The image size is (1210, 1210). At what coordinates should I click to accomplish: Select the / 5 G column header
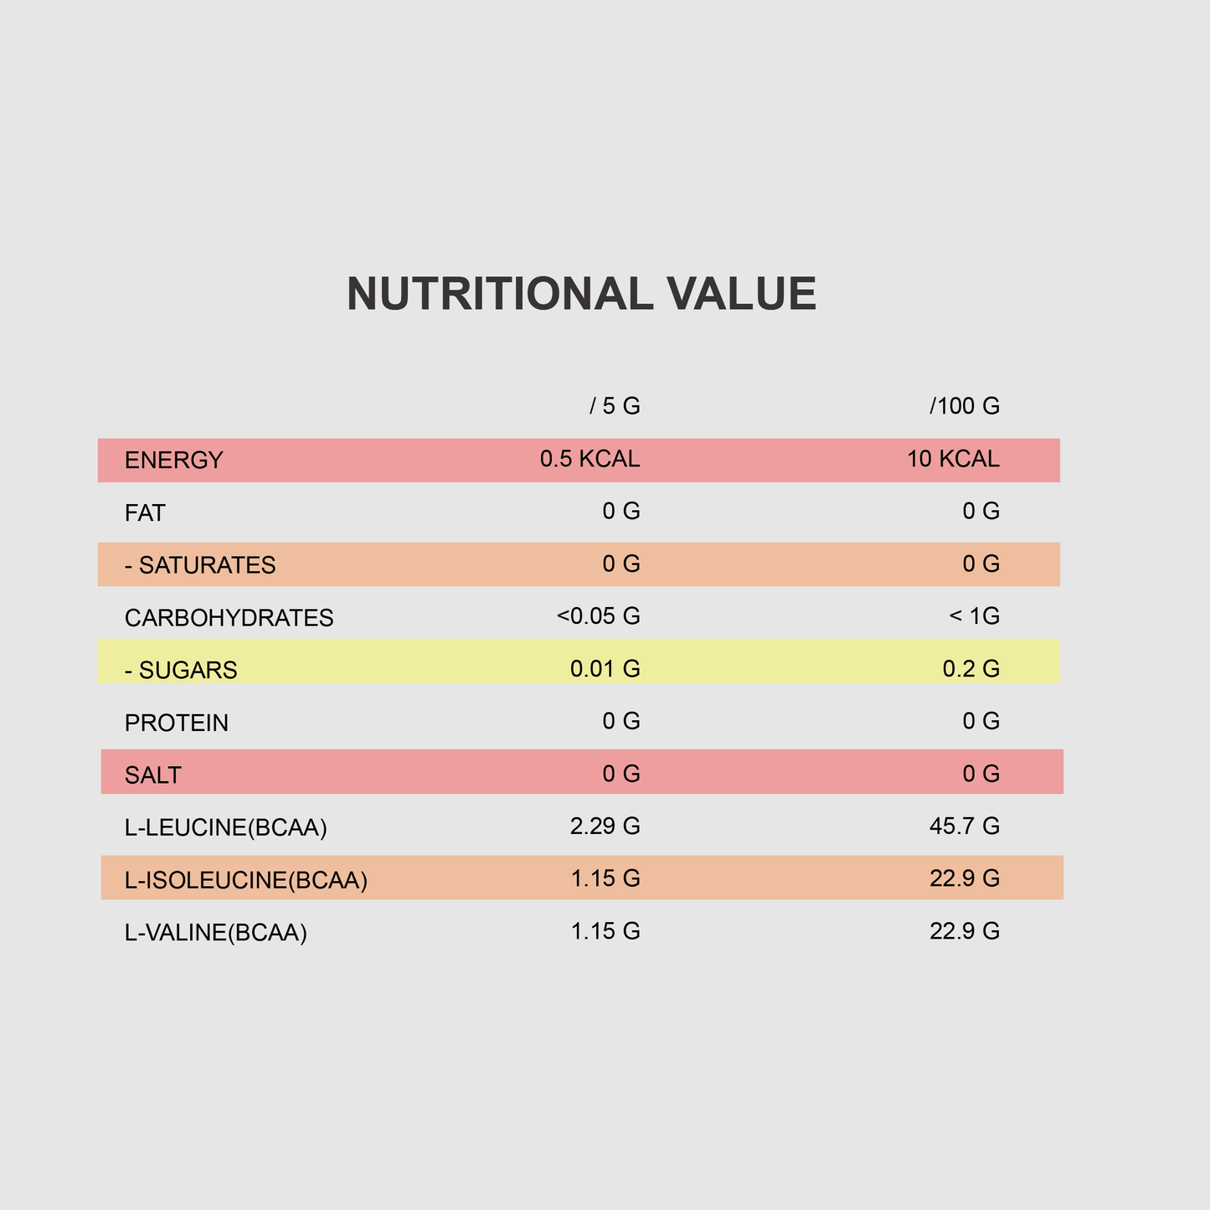(x=615, y=407)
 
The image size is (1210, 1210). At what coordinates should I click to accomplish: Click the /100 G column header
(x=965, y=407)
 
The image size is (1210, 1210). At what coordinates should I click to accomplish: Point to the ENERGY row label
(x=174, y=461)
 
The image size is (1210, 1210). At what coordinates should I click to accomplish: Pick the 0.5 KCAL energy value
(x=590, y=459)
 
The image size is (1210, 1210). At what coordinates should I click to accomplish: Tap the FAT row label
(x=145, y=512)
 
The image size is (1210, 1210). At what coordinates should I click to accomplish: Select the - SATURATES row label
(x=200, y=565)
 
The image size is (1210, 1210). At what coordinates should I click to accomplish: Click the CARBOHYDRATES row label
(x=229, y=618)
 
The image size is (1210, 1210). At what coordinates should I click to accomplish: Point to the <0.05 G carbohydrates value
(x=598, y=616)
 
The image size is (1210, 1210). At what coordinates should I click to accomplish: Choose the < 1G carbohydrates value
(x=975, y=616)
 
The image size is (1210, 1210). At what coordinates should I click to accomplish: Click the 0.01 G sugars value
(x=605, y=669)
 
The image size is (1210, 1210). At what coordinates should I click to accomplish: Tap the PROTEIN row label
(x=177, y=723)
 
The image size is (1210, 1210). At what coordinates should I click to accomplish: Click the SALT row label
(x=152, y=775)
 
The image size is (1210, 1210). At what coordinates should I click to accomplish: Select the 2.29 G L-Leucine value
(x=605, y=826)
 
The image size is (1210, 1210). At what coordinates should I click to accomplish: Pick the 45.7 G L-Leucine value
(x=965, y=826)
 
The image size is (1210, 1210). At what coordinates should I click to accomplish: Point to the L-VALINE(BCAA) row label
(x=216, y=933)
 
